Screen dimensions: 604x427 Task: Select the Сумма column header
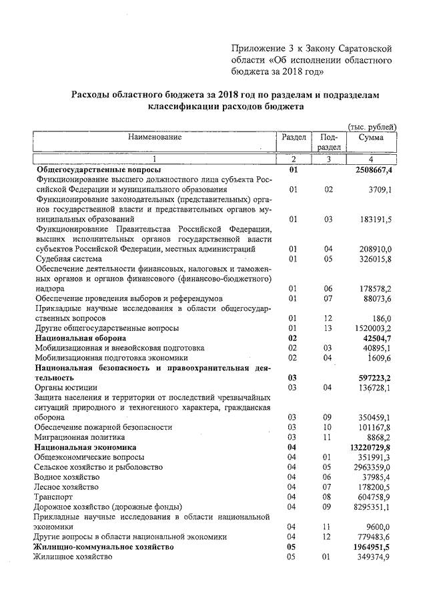(x=371, y=137)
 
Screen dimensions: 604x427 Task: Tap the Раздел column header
(x=294, y=137)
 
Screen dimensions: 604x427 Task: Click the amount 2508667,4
(x=374, y=170)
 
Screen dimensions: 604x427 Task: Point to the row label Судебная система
(x=70, y=259)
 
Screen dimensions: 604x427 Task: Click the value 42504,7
(x=378, y=338)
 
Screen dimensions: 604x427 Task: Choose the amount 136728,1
(x=376, y=388)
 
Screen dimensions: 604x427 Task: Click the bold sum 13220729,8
(x=372, y=447)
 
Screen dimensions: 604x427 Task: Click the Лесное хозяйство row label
(x=69, y=487)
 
